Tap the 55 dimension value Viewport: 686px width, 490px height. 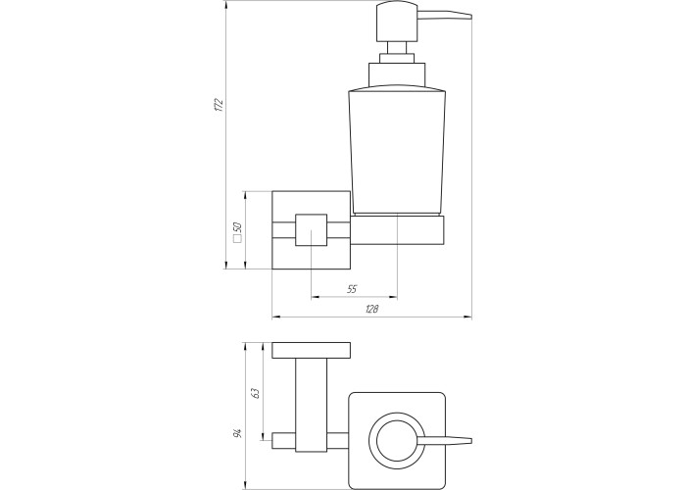(352, 289)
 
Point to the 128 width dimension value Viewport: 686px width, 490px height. (371, 309)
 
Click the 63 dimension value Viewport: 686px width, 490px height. (256, 392)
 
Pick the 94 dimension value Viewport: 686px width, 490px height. (237, 433)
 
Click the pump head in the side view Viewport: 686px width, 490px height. (397, 22)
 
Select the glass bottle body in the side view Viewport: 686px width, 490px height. (397, 151)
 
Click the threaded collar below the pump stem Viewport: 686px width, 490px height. (397, 75)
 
